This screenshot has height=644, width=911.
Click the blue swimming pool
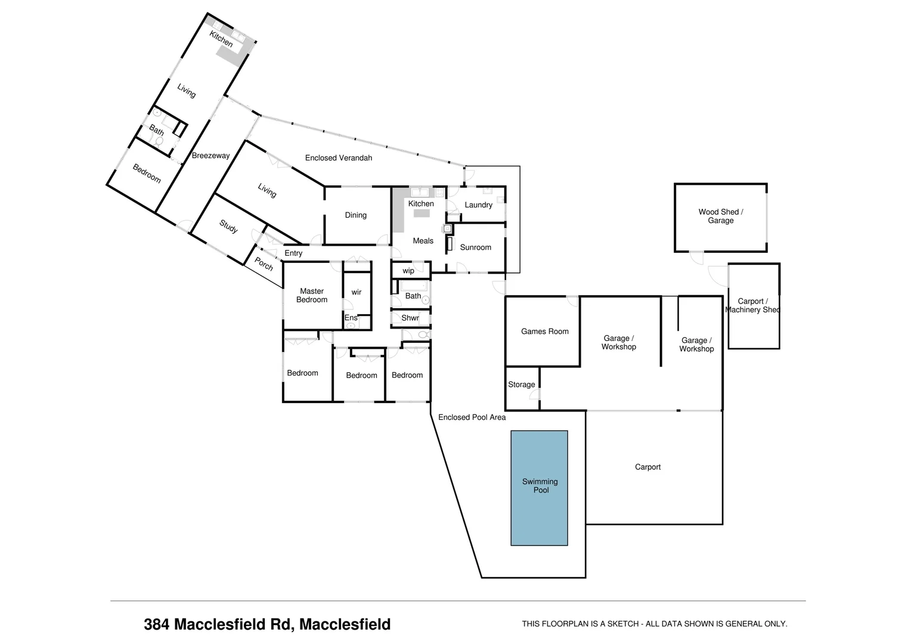coord(539,488)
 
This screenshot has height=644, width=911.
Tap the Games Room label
coord(544,332)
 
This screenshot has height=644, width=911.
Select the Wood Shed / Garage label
coord(720,216)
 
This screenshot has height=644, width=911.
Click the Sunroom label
coord(475,247)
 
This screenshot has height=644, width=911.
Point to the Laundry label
coord(478,205)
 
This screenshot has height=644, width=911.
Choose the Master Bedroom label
coord(312,296)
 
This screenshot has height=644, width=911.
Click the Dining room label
coord(355,215)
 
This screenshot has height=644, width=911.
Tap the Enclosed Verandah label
coord(338,158)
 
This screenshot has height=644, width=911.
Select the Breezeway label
coord(210,156)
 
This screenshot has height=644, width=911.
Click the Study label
coord(228,227)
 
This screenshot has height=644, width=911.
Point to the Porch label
coord(264,264)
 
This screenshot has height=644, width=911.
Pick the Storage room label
coord(521,385)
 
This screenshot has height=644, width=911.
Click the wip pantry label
coord(408,271)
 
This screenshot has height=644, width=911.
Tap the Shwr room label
coord(410,318)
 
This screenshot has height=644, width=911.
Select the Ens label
coord(351,318)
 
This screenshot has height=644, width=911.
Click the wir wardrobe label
coord(356,292)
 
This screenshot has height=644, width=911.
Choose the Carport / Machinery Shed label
coord(752,305)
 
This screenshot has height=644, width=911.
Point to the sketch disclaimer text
coord(654,624)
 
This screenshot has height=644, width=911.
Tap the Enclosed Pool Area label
coord(472,417)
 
